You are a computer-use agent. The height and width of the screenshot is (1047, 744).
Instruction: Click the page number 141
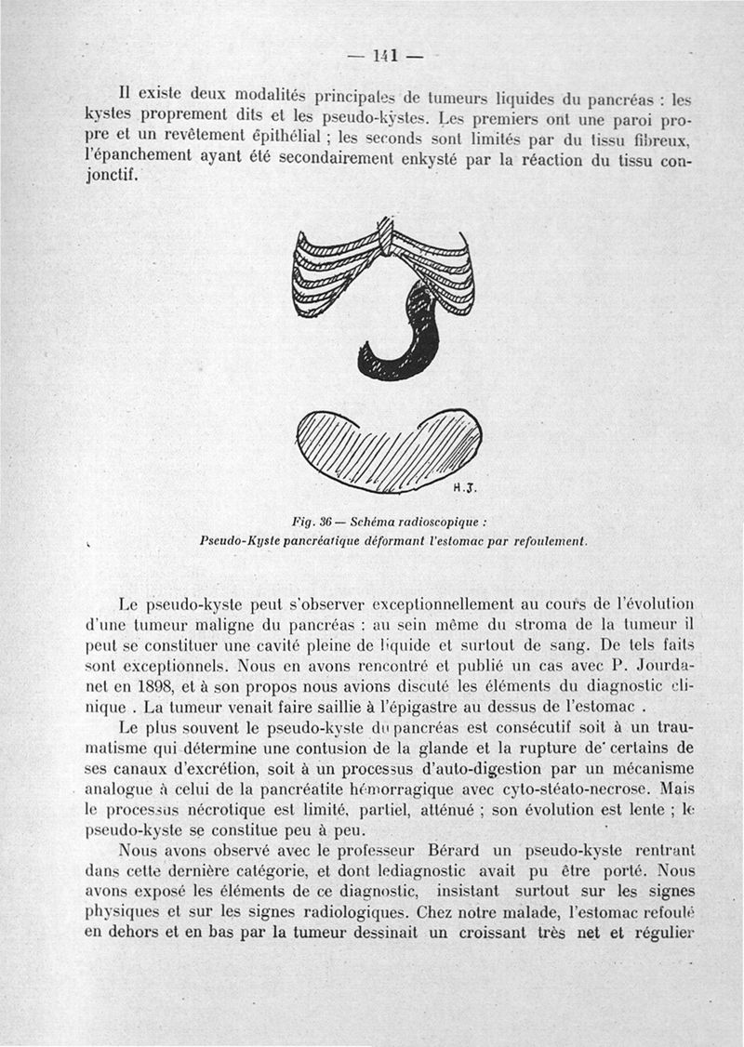pyautogui.click(x=384, y=55)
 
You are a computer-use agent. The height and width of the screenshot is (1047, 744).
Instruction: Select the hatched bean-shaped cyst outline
pyautogui.click(x=387, y=447)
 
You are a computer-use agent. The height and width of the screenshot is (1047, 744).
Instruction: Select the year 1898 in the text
pyautogui.click(x=166, y=685)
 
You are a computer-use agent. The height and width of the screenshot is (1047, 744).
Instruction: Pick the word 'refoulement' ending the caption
pyautogui.click(x=545, y=540)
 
